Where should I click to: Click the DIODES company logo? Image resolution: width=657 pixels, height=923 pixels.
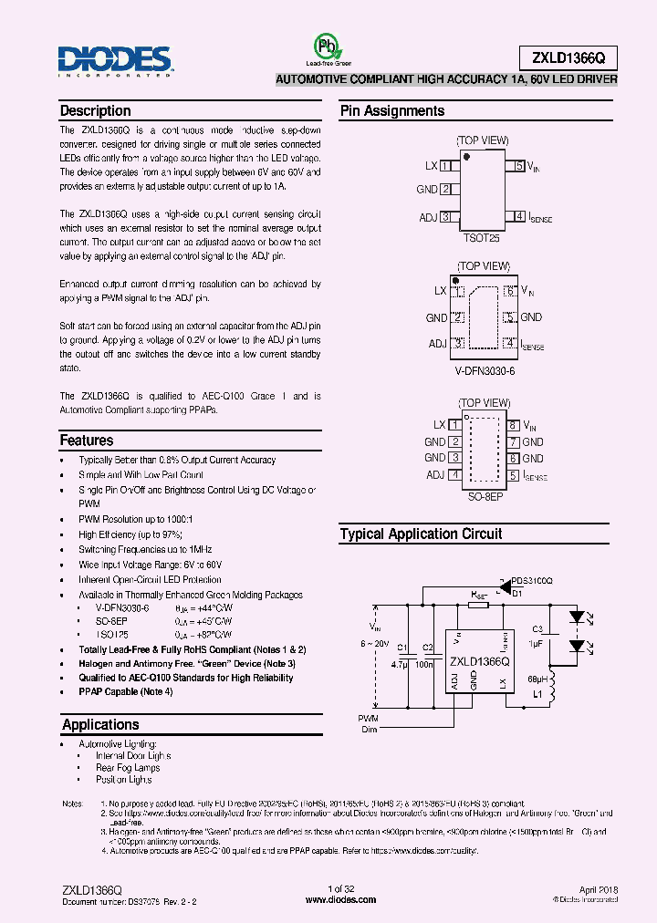115,61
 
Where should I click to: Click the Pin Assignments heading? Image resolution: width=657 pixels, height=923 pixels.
392,111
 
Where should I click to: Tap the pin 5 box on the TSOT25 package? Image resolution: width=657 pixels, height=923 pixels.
519,166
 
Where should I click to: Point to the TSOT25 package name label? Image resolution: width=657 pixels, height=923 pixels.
481,237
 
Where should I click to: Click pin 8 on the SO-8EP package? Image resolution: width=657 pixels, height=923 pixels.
514,425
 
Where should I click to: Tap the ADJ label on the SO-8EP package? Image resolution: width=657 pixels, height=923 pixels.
434,475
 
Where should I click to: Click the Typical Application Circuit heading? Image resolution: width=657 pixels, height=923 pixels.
421,534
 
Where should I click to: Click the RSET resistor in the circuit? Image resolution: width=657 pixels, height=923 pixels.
480,604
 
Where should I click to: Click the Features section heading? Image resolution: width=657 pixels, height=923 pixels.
87,441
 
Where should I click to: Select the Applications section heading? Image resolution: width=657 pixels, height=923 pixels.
100,725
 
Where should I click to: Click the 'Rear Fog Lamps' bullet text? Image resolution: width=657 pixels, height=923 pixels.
128,768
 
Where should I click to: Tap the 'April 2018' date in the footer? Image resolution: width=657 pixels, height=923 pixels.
598,888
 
